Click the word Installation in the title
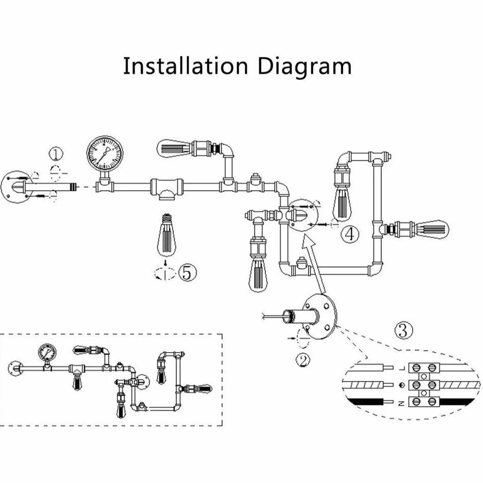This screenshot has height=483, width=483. point(185,66)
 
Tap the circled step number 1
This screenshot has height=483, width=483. point(56,154)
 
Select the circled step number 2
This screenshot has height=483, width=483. point(303,359)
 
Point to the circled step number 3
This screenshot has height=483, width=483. point(403,330)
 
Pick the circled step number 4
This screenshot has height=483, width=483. point(350,234)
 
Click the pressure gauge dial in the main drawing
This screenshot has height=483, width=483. point(105,154)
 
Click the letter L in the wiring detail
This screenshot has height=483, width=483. point(401,368)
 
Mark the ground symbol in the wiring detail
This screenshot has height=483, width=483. point(401,385)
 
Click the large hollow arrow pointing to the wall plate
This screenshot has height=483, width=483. point(314,264)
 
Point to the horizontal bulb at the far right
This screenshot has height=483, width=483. point(431,229)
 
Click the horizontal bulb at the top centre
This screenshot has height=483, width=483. point(175,149)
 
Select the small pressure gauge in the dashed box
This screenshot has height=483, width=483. point(48,353)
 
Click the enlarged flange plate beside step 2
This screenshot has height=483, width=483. point(320,317)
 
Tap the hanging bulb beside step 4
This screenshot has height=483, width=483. point(343,203)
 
